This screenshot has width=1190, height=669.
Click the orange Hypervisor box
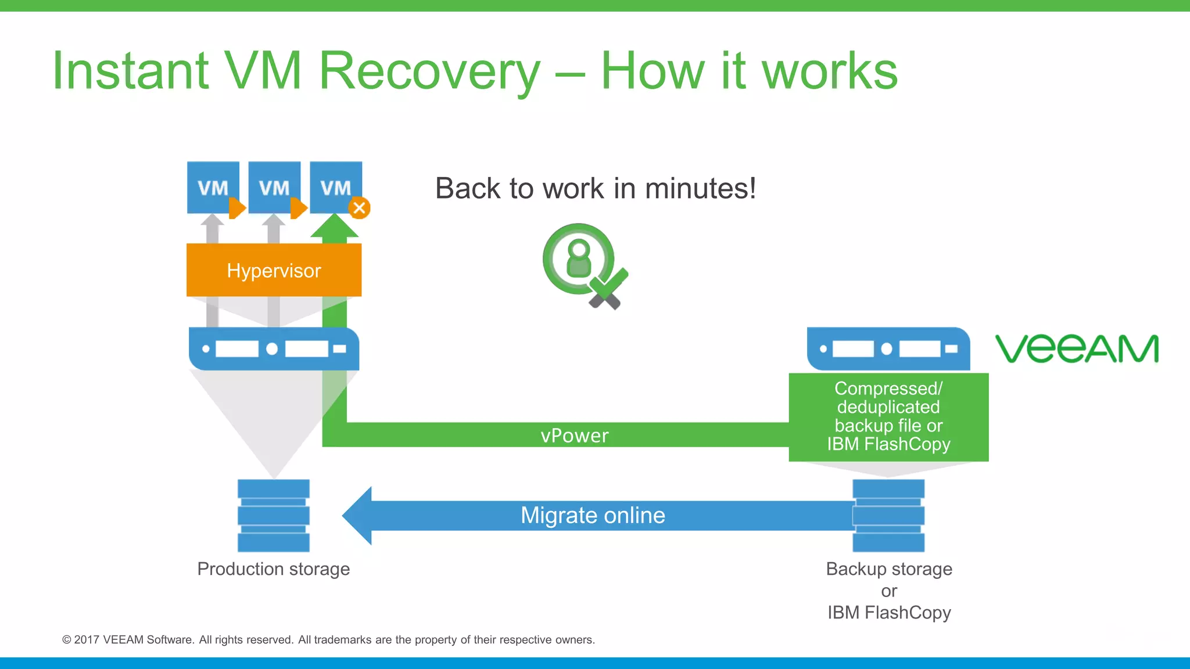click(274, 270)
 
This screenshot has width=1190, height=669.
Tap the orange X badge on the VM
click(360, 208)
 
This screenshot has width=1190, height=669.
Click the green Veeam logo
click(1077, 348)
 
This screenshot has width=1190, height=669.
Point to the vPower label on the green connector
click(574, 436)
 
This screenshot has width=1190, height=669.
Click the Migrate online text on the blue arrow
click(593, 515)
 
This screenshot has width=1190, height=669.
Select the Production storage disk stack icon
click(274, 515)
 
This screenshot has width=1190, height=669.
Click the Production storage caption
click(274, 569)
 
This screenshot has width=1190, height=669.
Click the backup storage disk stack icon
click(888, 515)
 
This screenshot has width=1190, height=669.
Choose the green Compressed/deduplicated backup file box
click(888, 416)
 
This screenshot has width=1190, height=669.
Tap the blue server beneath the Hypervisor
click(274, 348)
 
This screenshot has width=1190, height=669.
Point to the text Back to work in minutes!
click(596, 188)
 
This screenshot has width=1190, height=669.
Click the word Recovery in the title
click(429, 71)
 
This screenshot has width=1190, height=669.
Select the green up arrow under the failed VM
click(335, 227)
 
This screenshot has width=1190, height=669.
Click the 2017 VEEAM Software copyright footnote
click(328, 639)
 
